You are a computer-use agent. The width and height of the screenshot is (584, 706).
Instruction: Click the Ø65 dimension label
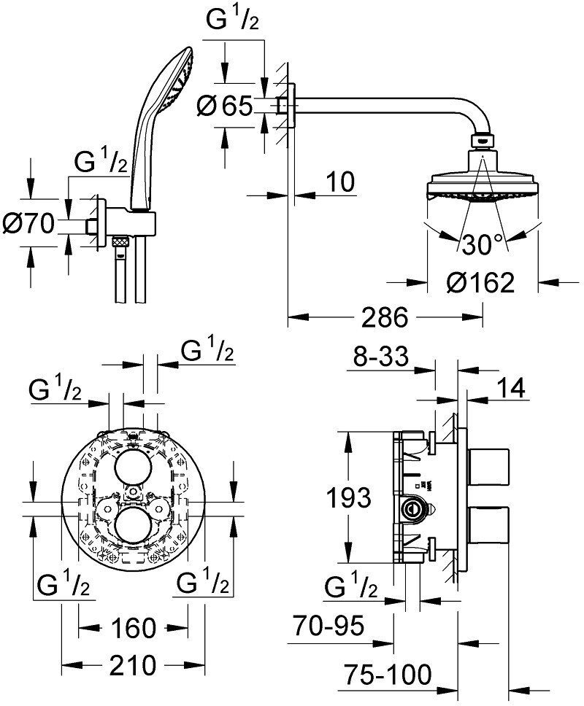click(224, 106)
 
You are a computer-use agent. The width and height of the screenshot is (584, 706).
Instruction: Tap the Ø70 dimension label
click(28, 223)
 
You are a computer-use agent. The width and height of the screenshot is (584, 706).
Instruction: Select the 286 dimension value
click(385, 317)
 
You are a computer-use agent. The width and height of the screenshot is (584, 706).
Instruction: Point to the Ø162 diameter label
click(480, 282)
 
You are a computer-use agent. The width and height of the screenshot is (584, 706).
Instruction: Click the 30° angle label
click(482, 244)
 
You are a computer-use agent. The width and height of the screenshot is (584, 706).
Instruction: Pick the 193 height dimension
click(348, 497)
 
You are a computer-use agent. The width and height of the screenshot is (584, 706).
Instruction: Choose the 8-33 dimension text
click(381, 356)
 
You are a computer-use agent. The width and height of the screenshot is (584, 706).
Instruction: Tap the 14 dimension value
click(511, 388)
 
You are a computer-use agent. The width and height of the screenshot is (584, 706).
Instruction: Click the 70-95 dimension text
click(328, 625)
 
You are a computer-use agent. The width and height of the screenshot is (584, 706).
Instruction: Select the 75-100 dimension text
click(388, 674)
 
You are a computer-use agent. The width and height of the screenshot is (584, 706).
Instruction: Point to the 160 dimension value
click(134, 628)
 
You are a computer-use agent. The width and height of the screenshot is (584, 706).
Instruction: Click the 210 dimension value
click(134, 665)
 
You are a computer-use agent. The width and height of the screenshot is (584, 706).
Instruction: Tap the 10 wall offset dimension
click(341, 182)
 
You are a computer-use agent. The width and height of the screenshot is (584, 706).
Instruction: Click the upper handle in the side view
click(489, 467)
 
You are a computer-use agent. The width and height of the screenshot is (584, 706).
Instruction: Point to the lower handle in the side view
click(489, 525)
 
